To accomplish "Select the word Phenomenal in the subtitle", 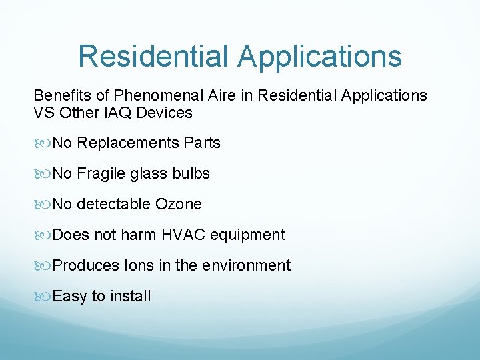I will (x=150, y=96).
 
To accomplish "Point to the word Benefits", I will (x=61, y=96).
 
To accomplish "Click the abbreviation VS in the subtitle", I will (x=44, y=113).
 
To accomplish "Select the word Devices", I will (x=164, y=113).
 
